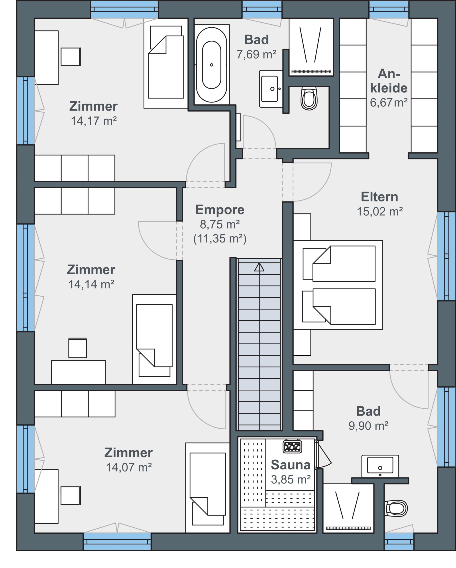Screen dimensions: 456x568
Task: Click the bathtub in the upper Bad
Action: (x=211, y=65)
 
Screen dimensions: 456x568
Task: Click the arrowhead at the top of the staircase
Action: (x=259, y=267)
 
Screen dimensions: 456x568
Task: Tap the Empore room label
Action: (x=220, y=210)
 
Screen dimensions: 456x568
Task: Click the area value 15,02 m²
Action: (x=380, y=211)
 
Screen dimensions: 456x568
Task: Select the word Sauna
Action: (x=291, y=465)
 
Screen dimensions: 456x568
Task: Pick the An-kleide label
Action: (x=389, y=81)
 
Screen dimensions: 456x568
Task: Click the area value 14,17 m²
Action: (x=94, y=121)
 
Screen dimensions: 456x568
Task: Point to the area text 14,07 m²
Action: (x=129, y=467)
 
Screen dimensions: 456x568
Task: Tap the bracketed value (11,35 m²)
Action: (x=220, y=239)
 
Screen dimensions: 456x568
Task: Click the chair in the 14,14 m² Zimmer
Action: (x=77, y=348)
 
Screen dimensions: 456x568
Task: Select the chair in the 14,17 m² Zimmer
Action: (x=71, y=57)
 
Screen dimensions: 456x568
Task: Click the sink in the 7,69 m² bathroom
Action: (x=271, y=89)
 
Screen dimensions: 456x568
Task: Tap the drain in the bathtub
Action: (x=211, y=65)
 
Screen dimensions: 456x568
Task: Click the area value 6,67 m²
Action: (x=389, y=103)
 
